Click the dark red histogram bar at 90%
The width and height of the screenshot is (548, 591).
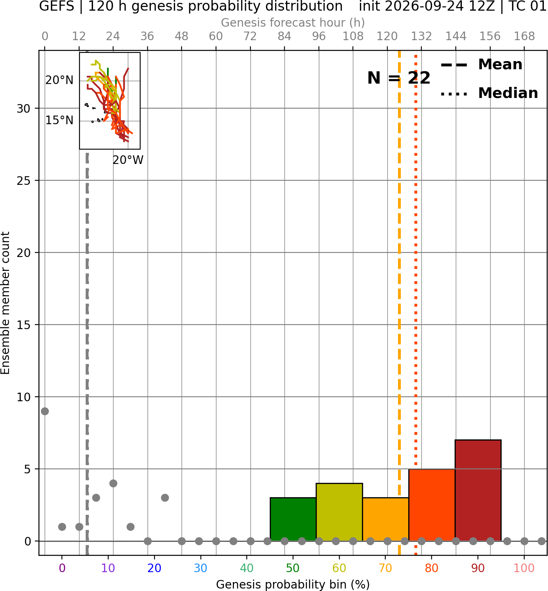[x=478, y=490]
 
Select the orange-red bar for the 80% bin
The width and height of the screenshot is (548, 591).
[x=432, y=505]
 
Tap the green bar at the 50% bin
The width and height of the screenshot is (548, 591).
[x=293, y=519]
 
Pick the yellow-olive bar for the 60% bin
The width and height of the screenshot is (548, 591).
[x=339, y=512]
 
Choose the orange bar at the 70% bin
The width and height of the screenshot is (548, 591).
[x=385, y=519]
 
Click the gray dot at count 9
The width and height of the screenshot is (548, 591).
[x=45, y=411]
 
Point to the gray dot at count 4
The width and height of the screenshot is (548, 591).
[x=113, y=483]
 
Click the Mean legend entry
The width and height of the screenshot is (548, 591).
[x=481, y=65]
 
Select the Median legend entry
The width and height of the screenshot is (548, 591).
[x=489, y=93]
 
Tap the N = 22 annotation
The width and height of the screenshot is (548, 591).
[x=399, y=78]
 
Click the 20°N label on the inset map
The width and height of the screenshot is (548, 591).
[x=59, y=80]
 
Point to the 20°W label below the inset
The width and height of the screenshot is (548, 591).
[x=128, y=160]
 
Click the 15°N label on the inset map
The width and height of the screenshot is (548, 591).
[x=59, y=120]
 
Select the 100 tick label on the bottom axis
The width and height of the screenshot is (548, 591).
[x=524, y=568]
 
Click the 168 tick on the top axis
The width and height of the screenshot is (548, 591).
[x=524, y=36]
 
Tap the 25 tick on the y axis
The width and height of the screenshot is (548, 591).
[x=23, y=181]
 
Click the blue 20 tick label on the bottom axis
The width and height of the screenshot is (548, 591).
[x=155, y=568]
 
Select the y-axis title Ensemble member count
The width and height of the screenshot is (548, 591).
[x=5, y=303]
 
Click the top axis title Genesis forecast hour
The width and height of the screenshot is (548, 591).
[x=293, y=23]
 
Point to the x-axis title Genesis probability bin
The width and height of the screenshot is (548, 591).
[x=293, y=584]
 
